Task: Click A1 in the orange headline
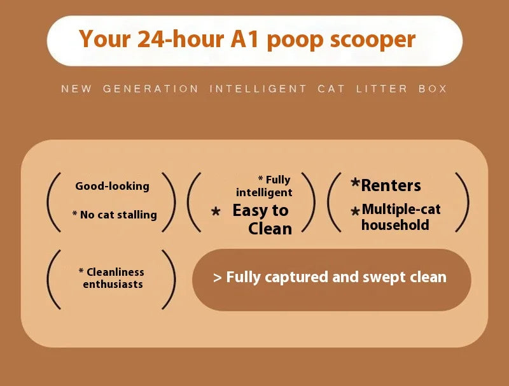(x=245, y=39)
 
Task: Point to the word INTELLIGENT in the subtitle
(x=258, y=89)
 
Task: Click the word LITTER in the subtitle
(x=382, y=89)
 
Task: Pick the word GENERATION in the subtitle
(x=150, y=89)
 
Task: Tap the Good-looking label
(x=112, y=186)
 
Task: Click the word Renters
(x=391, y=186)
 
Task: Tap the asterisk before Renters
(x=356, y=184)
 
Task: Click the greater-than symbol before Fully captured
(x=218, y=278)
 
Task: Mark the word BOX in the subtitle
(x=433, y=89)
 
